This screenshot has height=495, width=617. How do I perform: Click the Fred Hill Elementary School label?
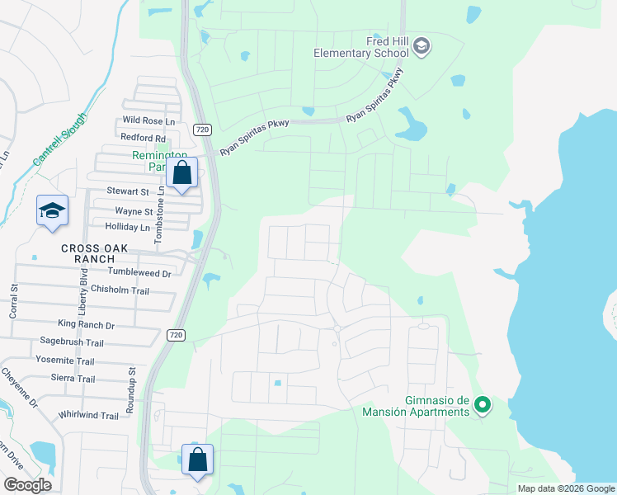(361, 47)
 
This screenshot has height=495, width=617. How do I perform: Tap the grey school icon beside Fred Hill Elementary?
(422, 45)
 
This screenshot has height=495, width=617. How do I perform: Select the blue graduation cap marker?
(52, 210)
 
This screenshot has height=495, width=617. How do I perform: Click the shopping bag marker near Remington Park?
(182, 174)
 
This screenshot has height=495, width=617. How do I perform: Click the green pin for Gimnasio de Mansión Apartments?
(483, 405)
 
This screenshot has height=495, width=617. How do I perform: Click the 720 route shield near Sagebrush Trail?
(174, 335)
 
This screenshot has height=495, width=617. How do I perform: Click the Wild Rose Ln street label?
(149, 121)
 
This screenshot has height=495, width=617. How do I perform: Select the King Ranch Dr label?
(86, 326)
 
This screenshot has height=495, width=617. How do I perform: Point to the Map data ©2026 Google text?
(566, 488)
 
